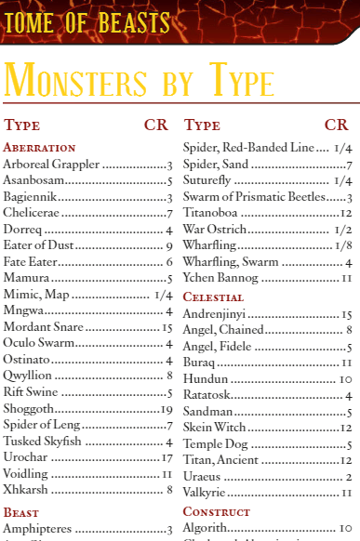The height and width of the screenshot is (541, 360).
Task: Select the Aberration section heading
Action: point(39,147)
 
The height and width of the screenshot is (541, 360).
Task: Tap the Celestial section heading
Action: point(213,297)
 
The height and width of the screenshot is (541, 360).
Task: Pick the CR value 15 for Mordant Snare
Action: point(167,327)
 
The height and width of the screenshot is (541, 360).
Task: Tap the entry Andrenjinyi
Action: point(221,314)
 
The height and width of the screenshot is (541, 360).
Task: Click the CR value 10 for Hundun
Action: point(344,379)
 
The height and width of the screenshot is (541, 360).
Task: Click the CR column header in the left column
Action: point(155,125)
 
